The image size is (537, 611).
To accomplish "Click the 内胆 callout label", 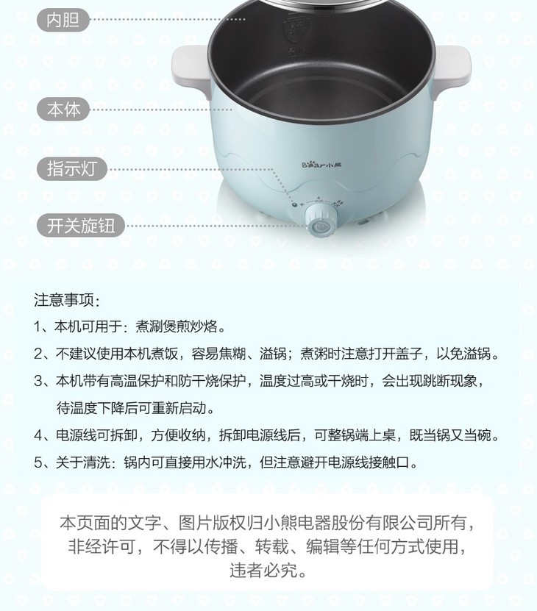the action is [x=63, y=20].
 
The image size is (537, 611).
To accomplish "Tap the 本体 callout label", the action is [x=63, y=110].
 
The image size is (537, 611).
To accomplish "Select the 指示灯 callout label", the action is [x=72, y=168].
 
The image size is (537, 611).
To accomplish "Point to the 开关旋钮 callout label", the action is [x=81, y=226].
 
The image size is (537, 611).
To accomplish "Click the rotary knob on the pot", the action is [x=321, y=221].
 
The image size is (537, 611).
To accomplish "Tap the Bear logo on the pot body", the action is [x=321, y=165].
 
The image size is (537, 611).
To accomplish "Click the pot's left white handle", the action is [x=191, y=69].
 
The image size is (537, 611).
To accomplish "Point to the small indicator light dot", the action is [x=295, y=204].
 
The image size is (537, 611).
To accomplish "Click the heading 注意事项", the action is [x=67, y=300].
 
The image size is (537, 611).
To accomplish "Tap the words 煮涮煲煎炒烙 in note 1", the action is [x=177, y=326].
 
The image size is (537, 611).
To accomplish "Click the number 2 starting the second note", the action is [x=38, y=354].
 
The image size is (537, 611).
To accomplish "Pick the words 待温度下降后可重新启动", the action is [x=132, y=408].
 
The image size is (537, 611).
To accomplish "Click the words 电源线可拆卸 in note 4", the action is [x=96, y=435].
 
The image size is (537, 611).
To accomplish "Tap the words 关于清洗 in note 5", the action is [x=83, y=462].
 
